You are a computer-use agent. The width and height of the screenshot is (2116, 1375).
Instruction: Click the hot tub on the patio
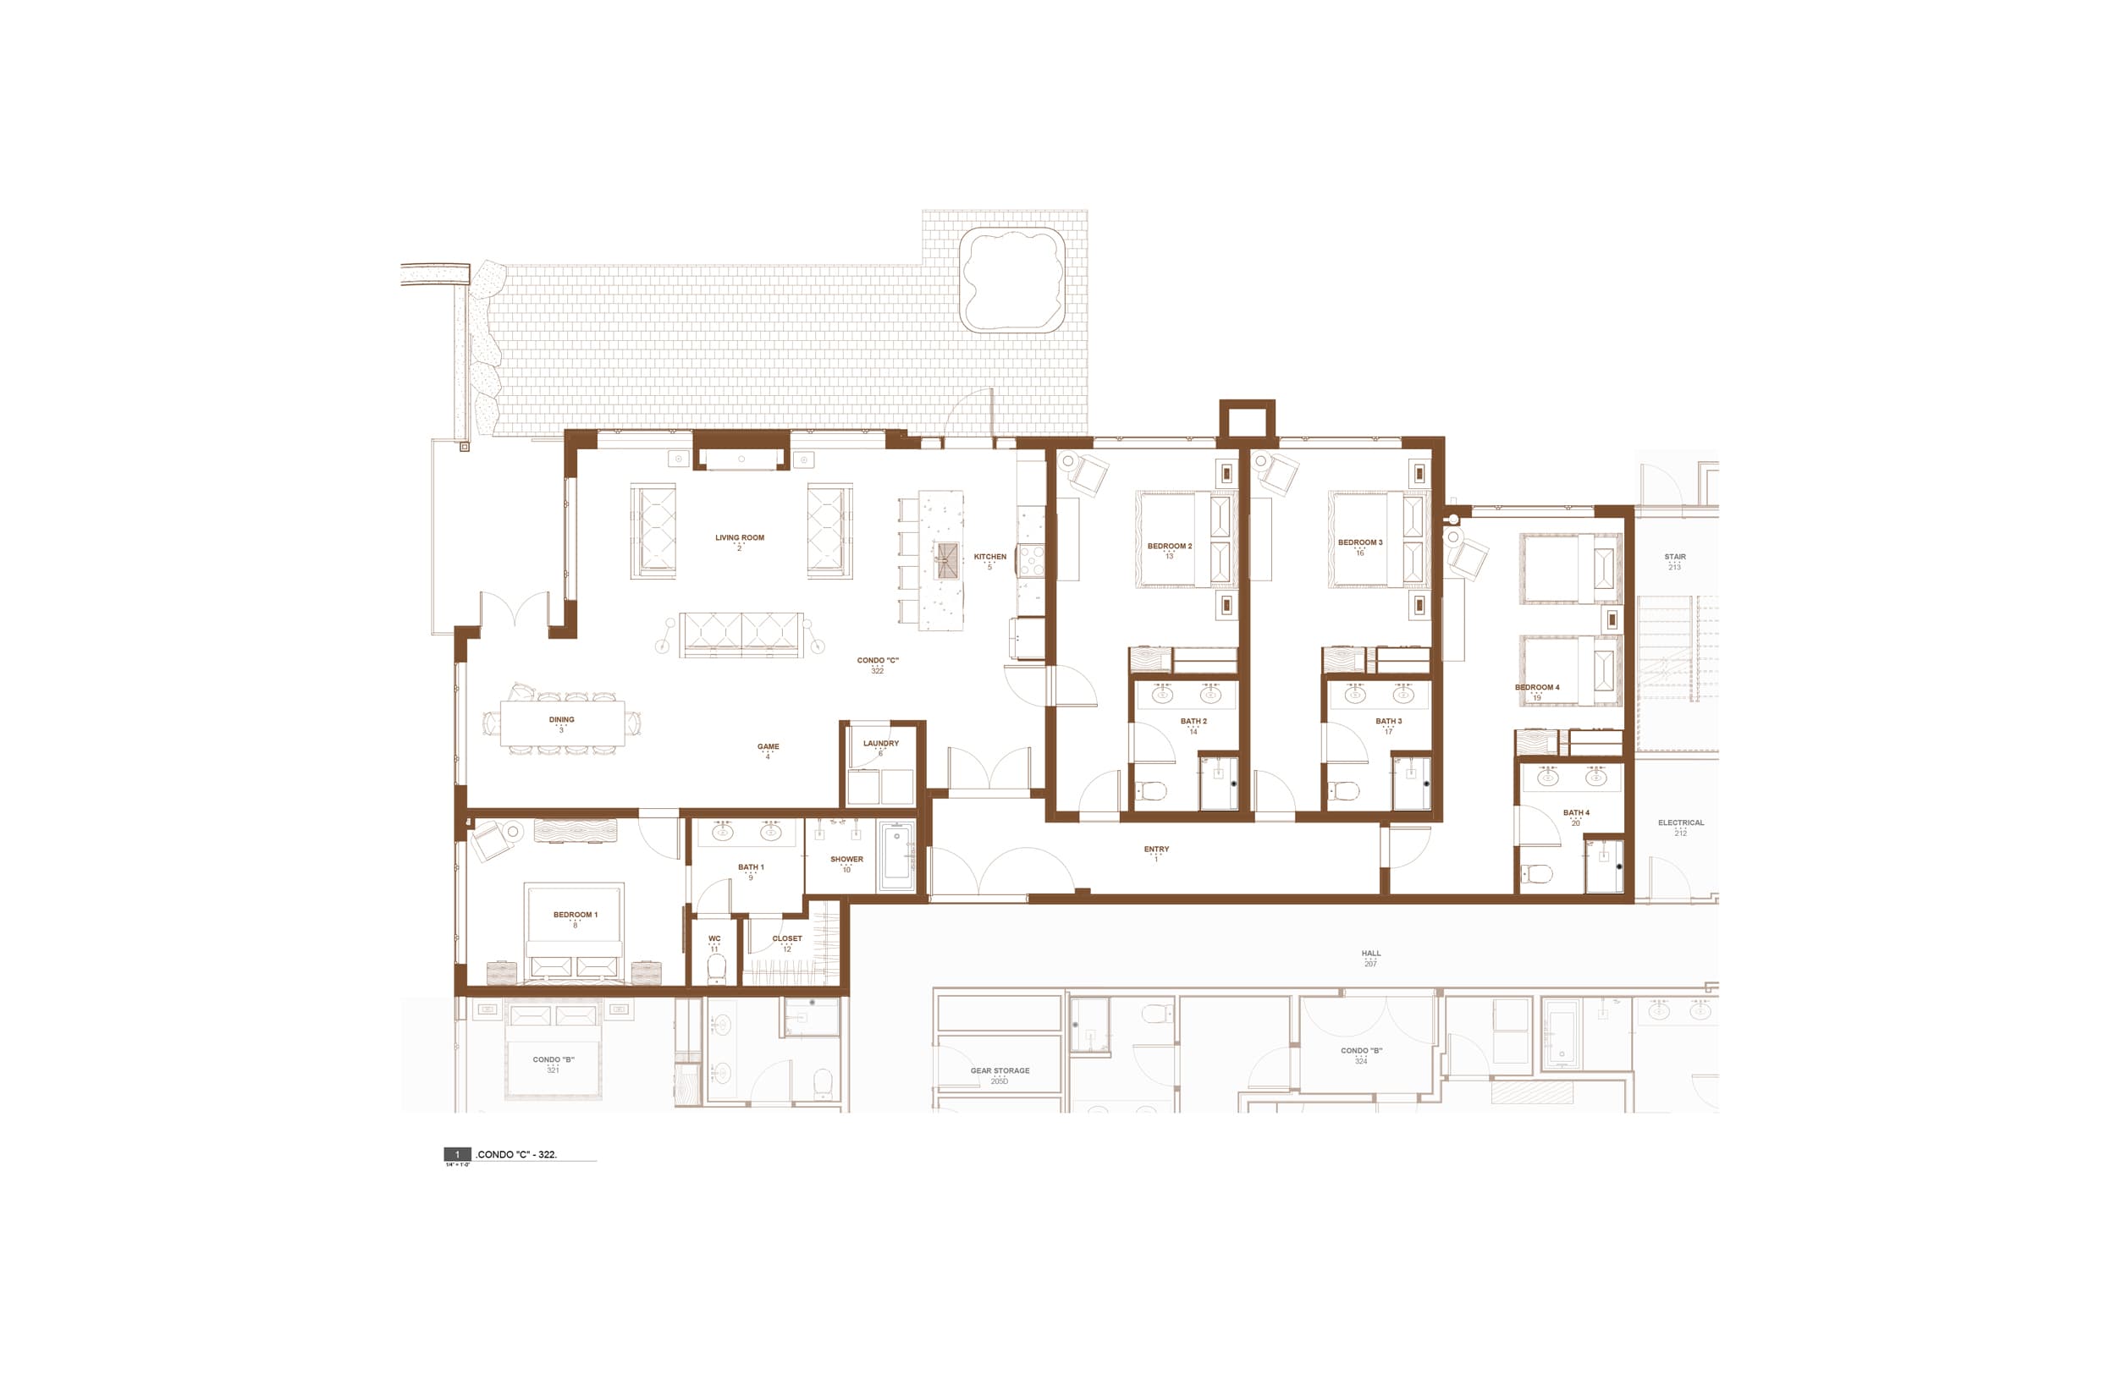coord(1012,280)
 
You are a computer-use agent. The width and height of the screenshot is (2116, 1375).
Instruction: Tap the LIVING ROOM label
coord(740,538)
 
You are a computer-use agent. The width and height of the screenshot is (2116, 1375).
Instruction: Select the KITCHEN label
coord(989,558)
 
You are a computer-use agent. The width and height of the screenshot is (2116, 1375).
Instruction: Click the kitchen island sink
coord(948,560)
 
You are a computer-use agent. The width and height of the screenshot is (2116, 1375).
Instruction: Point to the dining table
coord(562,723)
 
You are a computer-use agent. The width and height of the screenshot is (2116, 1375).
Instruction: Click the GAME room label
coord(769,747)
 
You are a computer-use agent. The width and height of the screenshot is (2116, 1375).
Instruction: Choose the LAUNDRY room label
coord(880,744)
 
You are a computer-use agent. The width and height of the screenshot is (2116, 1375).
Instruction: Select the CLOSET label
coord(787,938)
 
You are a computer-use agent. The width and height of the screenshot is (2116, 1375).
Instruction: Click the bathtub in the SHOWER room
coord(896,855)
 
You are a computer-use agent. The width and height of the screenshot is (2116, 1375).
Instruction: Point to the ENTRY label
coord(1156,850)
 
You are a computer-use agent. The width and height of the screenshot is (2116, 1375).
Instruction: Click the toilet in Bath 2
coord(1152,790)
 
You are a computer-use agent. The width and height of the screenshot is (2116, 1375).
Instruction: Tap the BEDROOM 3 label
coord(1359,543)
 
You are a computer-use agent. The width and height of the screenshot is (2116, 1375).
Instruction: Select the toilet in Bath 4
coord(1536,875)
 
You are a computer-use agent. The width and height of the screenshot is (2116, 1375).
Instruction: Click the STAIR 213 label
coord(1674,558)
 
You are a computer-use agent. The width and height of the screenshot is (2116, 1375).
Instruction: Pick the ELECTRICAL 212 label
coord(1680,823)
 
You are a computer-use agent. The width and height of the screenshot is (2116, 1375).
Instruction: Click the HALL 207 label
coord(1371,954)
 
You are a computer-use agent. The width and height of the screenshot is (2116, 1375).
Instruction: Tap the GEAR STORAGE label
coord(1000,1071)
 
